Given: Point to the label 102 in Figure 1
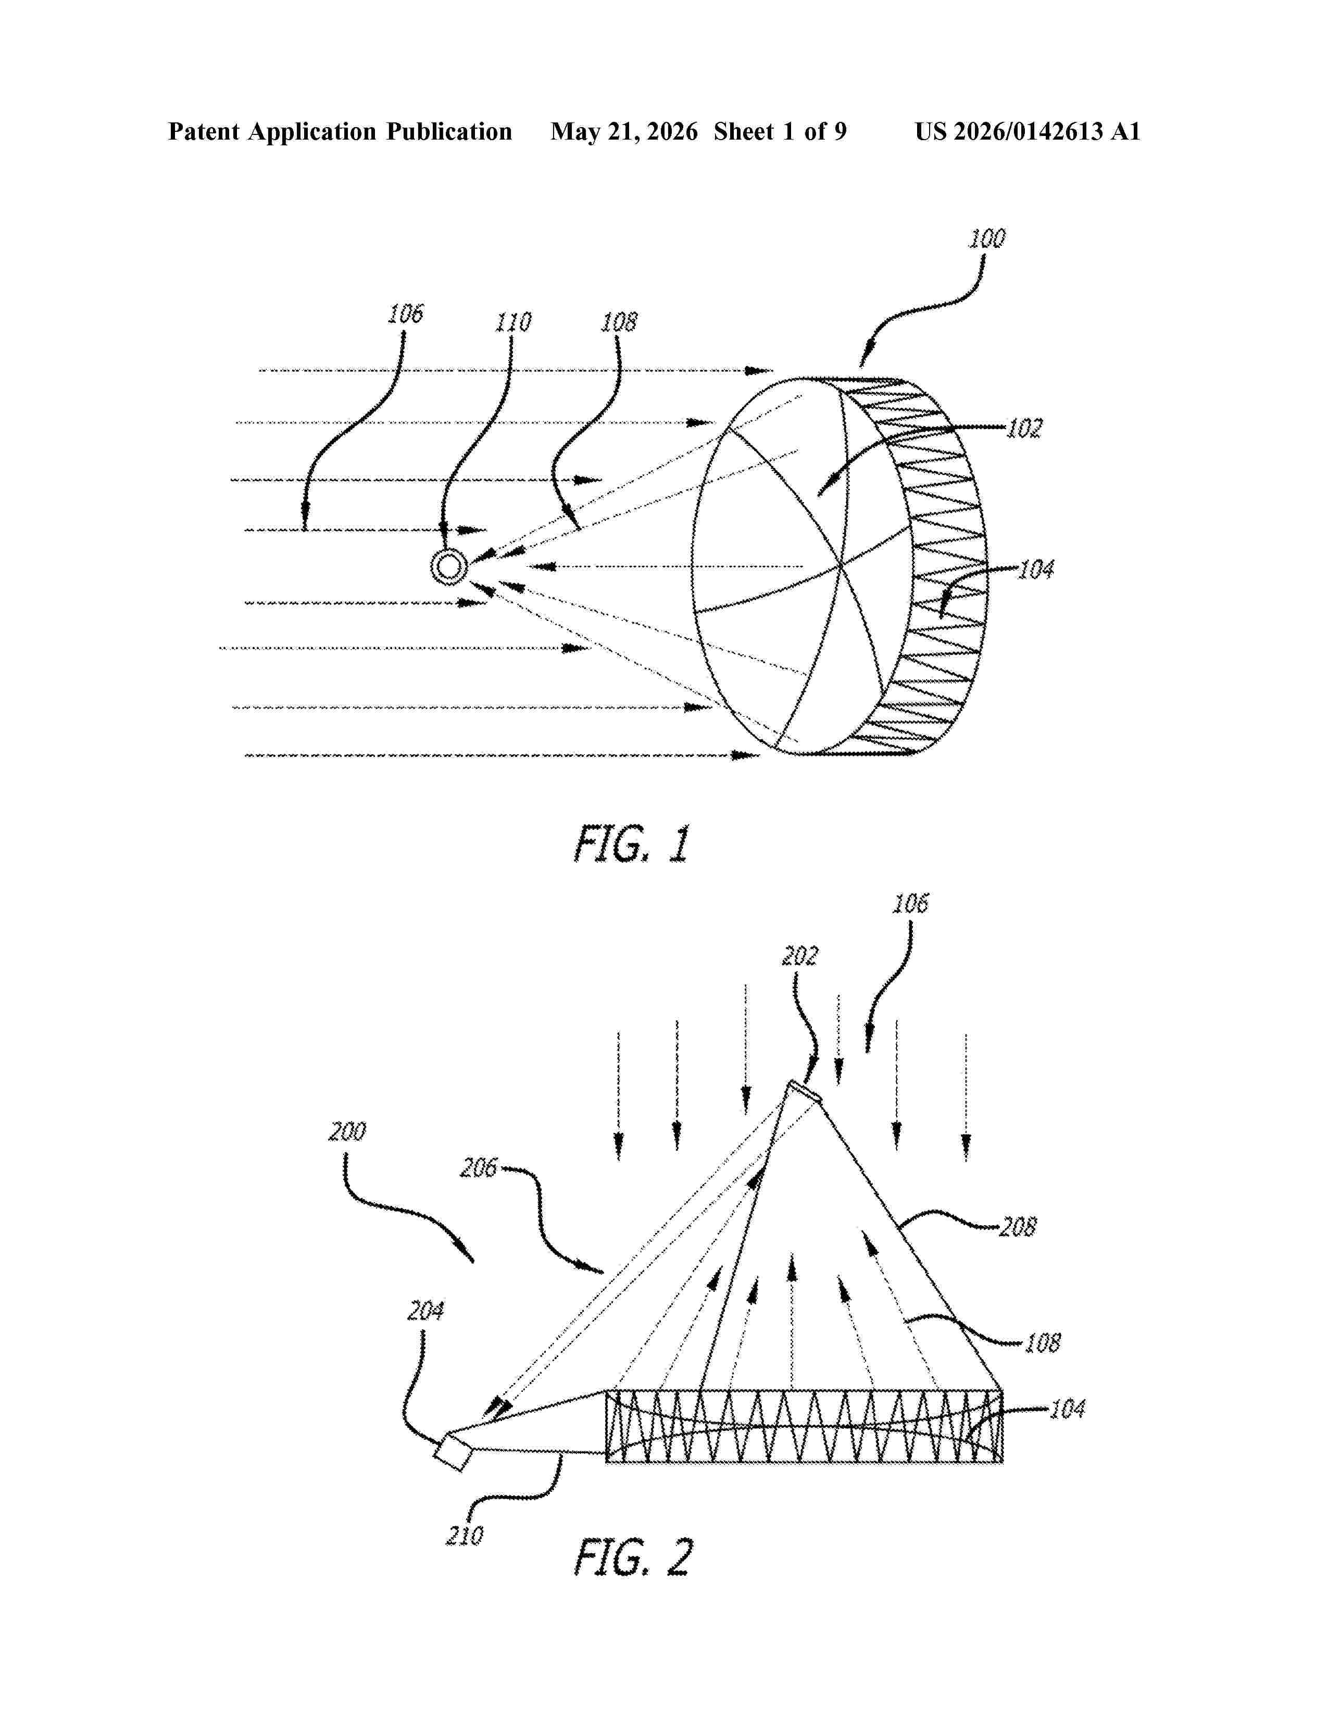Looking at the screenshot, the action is tap(1024, 429).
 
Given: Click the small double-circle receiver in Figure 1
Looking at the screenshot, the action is tap(448, 567).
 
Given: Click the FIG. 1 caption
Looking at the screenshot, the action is tap(632, 844).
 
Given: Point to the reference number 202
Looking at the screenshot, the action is tap(799, 955).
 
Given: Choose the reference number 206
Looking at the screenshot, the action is tap(479, 1167).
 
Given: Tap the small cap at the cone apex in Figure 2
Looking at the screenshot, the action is tap(805, 1092).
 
